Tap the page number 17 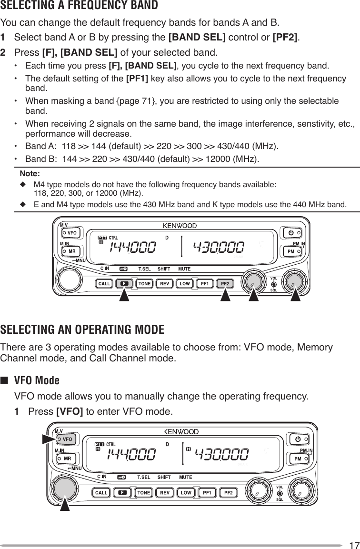(353, 545)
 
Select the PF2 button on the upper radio (225, 284)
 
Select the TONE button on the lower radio (144, 492)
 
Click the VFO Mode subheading (37, 380)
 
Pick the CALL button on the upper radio (104, 284)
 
